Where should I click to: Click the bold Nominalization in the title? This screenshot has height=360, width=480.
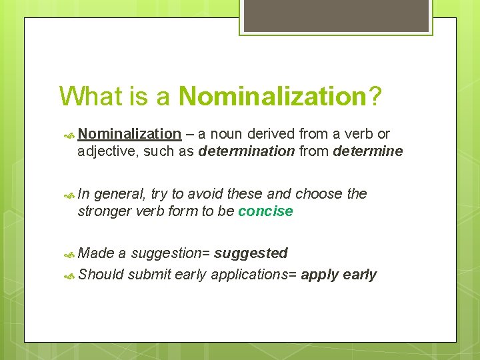tap(273, 96)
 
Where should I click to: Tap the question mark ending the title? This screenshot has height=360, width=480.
tap(375, 96)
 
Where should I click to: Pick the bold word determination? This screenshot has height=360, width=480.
tap(246, 151)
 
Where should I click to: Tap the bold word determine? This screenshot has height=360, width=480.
tap(367, 151)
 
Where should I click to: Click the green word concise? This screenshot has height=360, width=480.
tap(265, 211)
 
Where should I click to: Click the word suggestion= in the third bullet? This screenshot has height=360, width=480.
tap(170, 253)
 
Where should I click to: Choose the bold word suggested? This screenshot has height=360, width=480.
tap(251, 253)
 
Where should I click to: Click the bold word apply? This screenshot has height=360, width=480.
tap(320, 275)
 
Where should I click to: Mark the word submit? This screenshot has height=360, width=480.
tap(149, 275)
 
